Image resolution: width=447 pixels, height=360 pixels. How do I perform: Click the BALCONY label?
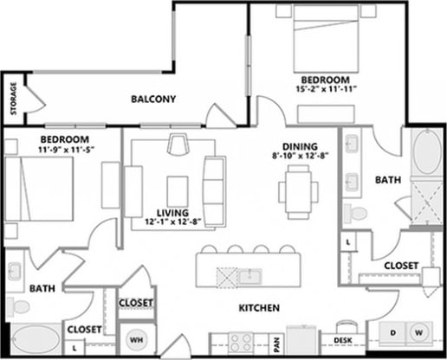pos(153,99)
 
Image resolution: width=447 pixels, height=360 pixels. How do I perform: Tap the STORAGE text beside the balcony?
pos(14,98)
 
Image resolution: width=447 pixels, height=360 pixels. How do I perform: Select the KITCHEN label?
pos(258,307)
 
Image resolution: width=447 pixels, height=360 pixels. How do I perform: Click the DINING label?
pos(299,146)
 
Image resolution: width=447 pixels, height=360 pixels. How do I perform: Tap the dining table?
pos(298,190)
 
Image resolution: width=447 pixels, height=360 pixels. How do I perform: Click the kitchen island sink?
pos(252,275)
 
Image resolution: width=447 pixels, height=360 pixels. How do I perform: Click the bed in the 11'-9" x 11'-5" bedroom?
pos(32,188)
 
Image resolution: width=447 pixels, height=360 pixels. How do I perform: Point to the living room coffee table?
pos(178,187)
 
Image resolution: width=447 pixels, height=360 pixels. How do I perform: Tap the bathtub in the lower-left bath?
pos(34,340)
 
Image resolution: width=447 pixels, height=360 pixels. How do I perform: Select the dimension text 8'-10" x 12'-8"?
pos(299,157)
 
